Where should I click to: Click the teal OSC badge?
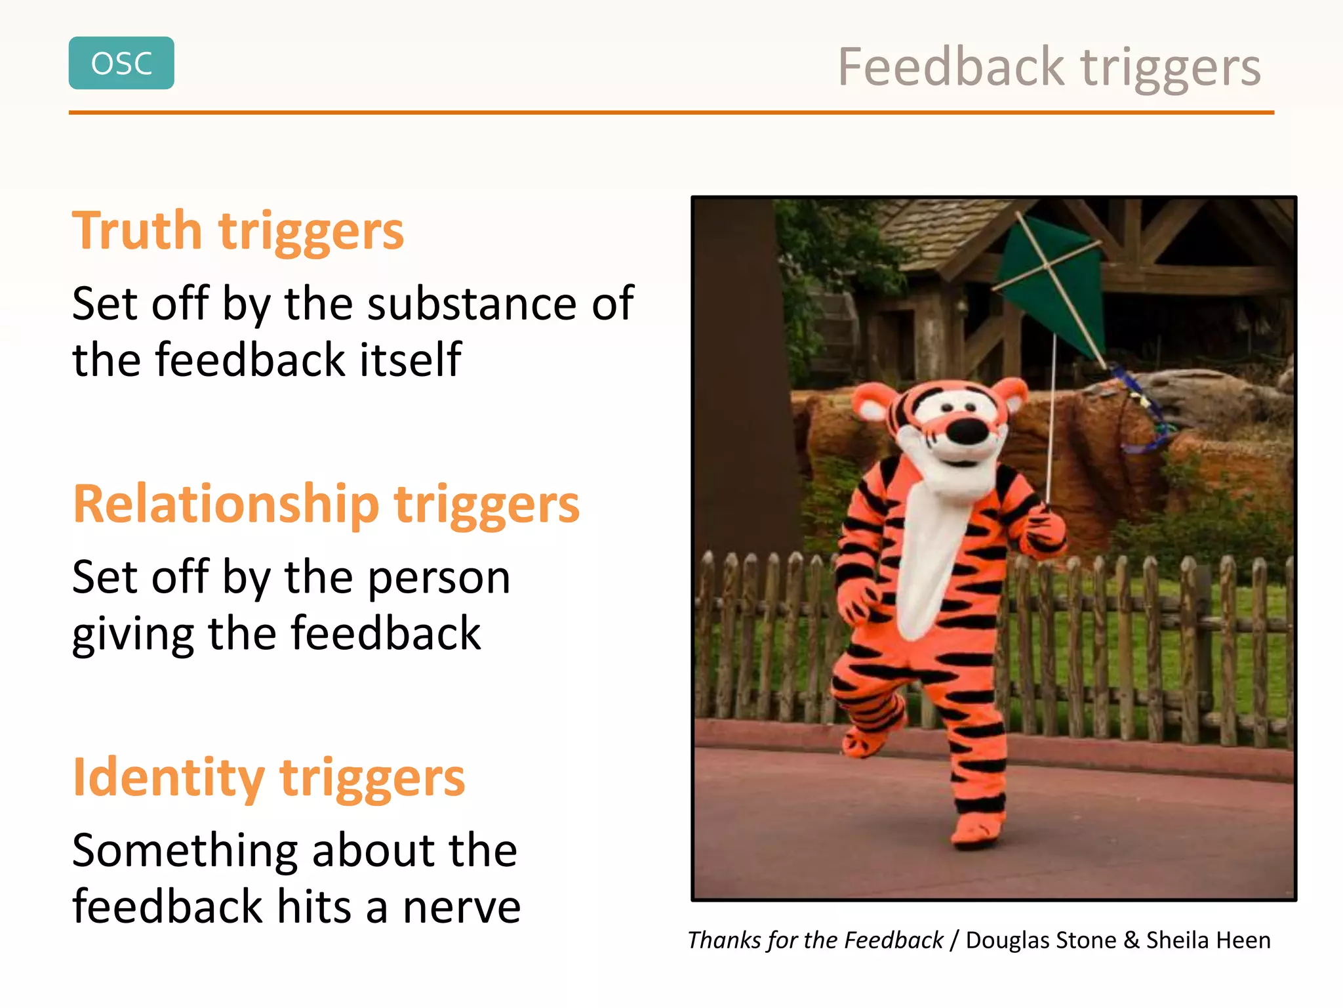[121, 63]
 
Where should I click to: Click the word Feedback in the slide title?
[950, 67]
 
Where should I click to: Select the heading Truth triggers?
[237, 231]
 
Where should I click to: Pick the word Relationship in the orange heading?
[226, 504]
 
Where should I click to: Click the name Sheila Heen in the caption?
[1208, 940]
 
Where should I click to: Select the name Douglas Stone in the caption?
[1041, 940]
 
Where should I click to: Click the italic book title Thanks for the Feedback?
[815, 940]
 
